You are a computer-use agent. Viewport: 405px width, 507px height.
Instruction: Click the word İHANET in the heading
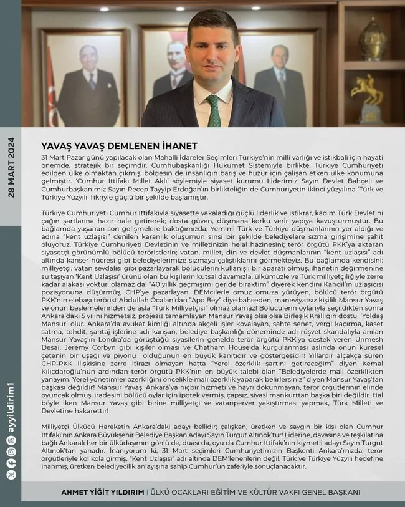click(162, 146)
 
